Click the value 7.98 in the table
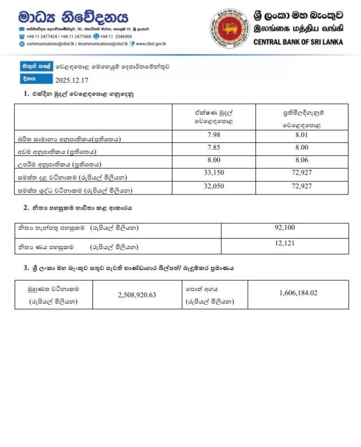coord(213,134)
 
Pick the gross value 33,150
coord(213,173)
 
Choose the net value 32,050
coord(213,186)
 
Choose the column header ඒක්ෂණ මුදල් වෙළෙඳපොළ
coord(213,116)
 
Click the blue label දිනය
coord(30,79)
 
